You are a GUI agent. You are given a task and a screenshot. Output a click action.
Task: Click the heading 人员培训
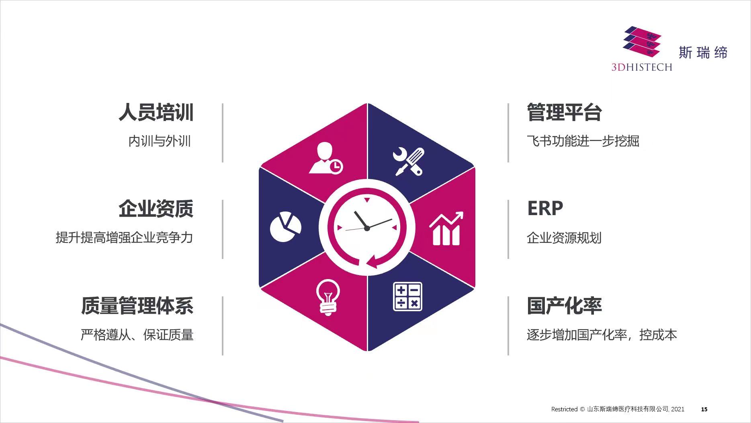coord(156,112)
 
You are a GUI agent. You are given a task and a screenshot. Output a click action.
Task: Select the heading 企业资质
coord(156,209)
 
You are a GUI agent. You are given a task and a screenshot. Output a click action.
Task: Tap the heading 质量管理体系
coord(137,306)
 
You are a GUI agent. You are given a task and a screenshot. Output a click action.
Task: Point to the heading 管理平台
coord(564,112)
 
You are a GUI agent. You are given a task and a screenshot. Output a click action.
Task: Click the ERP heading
coord(545,208)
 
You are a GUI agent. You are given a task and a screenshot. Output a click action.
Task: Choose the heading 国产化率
coord(564,306)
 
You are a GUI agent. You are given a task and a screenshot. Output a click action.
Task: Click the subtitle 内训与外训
coord(160,141)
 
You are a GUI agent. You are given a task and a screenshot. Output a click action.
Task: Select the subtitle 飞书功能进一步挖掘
coord(583,141)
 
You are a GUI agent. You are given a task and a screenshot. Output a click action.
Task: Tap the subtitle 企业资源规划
coord(564,238)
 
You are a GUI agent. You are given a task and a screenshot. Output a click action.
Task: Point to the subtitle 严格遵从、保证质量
coord(137,335)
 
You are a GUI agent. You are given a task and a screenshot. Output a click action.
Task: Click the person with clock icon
coord(326,158)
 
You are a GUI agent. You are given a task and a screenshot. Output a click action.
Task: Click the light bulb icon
coord(328,298)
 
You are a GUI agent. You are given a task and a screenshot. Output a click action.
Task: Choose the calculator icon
coord(407,296)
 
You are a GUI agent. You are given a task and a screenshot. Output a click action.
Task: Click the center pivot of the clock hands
coord(367,228)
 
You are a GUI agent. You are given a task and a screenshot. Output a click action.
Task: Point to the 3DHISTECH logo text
coord(642,67)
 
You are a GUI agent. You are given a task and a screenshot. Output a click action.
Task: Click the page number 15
coord(704,409)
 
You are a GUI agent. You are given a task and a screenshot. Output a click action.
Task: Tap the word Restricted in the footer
coord(564,409)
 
